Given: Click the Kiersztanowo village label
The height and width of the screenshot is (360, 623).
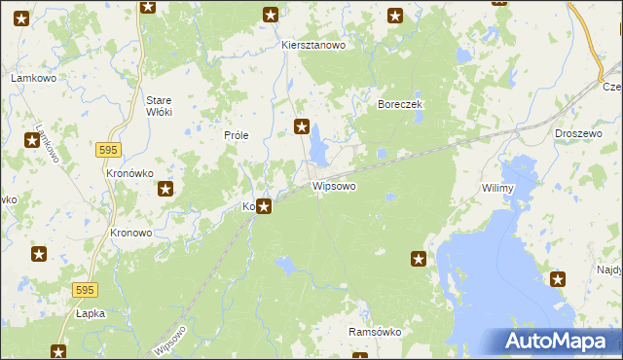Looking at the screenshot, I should pos(313,45).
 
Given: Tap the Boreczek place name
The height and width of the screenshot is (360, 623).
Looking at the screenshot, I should pos(398,102).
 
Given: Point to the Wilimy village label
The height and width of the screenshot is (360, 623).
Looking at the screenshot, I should pos(496,187).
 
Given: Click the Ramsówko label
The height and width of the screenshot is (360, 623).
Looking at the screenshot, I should pos(375,332).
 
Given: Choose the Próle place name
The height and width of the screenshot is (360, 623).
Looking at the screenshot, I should pos(238,136).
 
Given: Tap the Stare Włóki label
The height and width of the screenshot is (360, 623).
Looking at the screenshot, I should pos(158,106).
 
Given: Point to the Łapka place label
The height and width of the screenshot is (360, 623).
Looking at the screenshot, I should pos(90,314).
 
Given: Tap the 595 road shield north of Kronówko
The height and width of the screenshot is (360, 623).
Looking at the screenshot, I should pos(109,149).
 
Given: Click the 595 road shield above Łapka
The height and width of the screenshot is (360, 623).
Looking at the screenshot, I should pos(85,290).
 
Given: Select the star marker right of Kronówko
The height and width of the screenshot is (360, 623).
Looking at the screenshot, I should pos(166,190).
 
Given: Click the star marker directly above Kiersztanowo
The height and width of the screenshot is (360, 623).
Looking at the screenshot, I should pos(271,15).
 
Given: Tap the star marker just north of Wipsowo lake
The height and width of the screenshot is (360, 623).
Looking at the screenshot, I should pos(302,126).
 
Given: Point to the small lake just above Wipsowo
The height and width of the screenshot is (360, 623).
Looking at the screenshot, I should pos(318,150).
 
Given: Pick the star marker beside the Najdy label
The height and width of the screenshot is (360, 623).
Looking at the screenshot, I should pos(558,280).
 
